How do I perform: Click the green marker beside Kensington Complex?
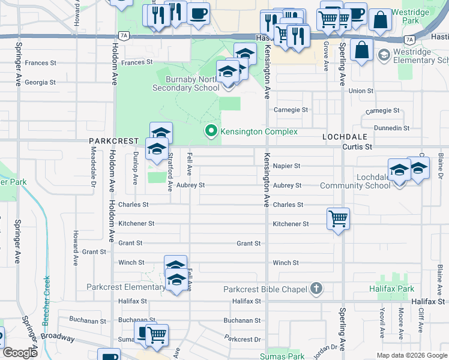click(x=211, y=131)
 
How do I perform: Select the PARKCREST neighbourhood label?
click(x=110, y=140)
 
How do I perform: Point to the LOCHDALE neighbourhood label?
click(x=340, y=137)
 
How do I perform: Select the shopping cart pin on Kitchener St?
click(x=338, y=218)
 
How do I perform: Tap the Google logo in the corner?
click(x=20, y=353)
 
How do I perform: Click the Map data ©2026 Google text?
click(x=412, y=355)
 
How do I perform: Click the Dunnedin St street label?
click(x=391, y=128)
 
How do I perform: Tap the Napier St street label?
click(x=286, y=166)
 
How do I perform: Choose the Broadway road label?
click(x=58, y=337)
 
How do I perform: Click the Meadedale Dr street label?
click(x=93, y=176)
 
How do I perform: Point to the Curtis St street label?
click(x=357, y=146)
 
